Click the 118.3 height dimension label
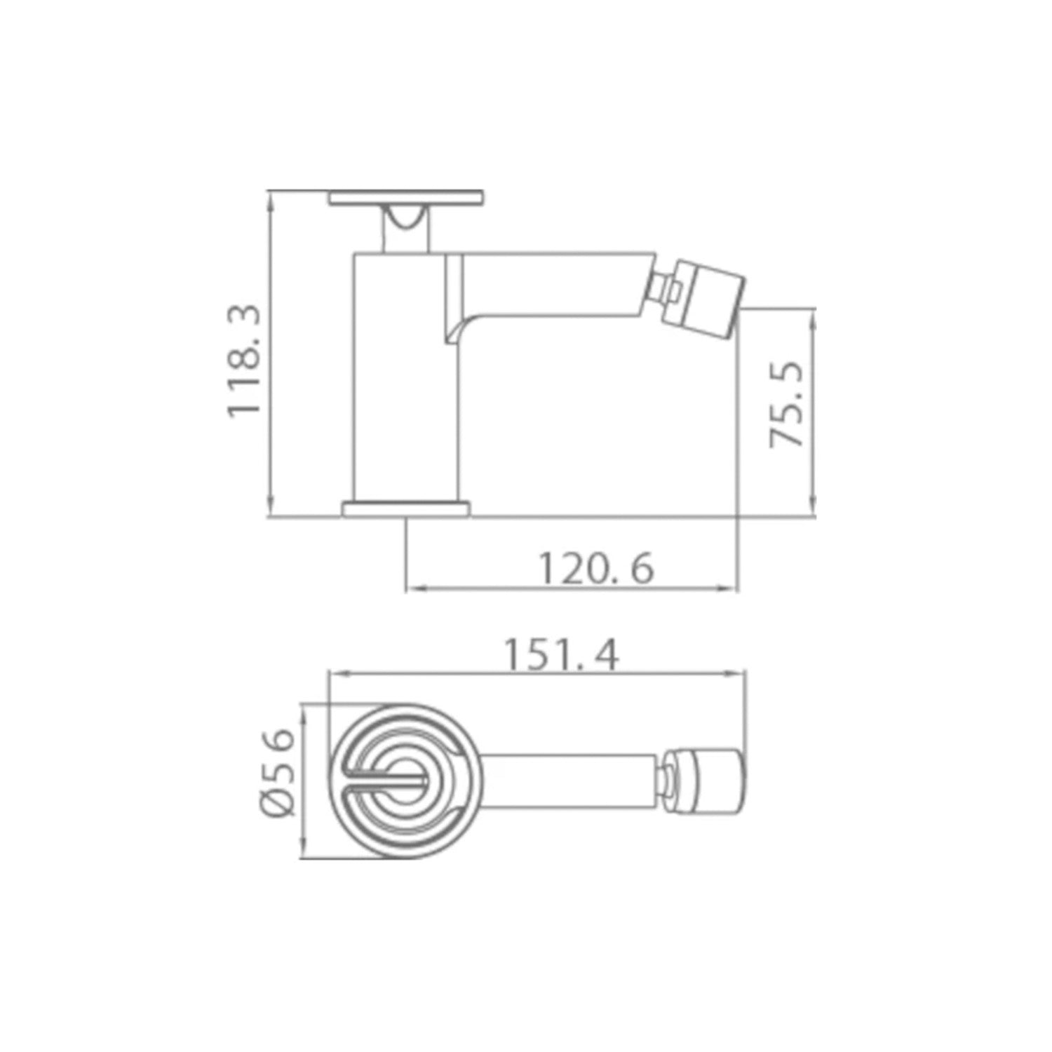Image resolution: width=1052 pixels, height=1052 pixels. (245, 360)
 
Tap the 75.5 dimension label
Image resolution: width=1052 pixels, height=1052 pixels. (785, 405)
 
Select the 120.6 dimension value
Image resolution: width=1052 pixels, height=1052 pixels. (595, 569)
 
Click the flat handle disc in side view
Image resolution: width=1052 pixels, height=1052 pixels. (406, 198)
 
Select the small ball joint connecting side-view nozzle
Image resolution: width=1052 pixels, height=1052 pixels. (663, 287)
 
